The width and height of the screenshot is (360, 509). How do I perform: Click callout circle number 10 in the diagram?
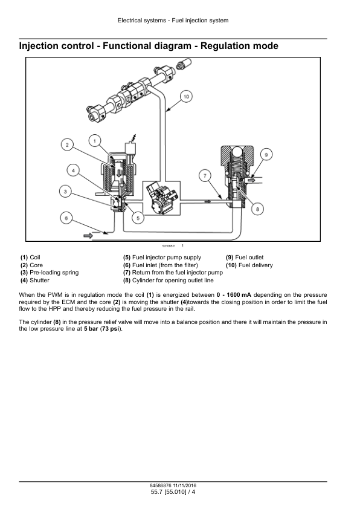pos(186,96)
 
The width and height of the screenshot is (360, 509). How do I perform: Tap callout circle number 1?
pos(95,141)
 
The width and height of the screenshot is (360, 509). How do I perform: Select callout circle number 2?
pos(67,144)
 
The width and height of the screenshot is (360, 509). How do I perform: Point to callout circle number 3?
pos(65,192)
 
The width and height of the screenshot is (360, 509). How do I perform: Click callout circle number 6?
pos(66,218)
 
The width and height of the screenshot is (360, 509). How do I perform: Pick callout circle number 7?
pos(205,176)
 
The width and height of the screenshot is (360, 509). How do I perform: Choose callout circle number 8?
pos(257,209)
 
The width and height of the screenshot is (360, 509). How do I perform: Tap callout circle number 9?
pos(266,155)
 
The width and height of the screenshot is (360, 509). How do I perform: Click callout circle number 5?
pos(138,218)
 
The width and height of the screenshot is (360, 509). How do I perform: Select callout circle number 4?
pos(73,170)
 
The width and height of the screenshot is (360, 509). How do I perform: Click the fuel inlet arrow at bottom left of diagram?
pos(88,236)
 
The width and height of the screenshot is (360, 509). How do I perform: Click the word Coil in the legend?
pos(35,258)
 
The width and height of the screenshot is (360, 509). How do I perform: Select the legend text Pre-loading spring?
pos(54,273)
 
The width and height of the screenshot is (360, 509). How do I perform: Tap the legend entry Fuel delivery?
pos(256,265)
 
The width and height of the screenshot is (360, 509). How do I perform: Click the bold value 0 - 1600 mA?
pos(234,295)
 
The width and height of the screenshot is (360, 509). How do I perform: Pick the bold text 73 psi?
pos(111,329)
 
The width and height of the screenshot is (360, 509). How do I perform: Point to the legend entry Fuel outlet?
pos(249,258)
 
